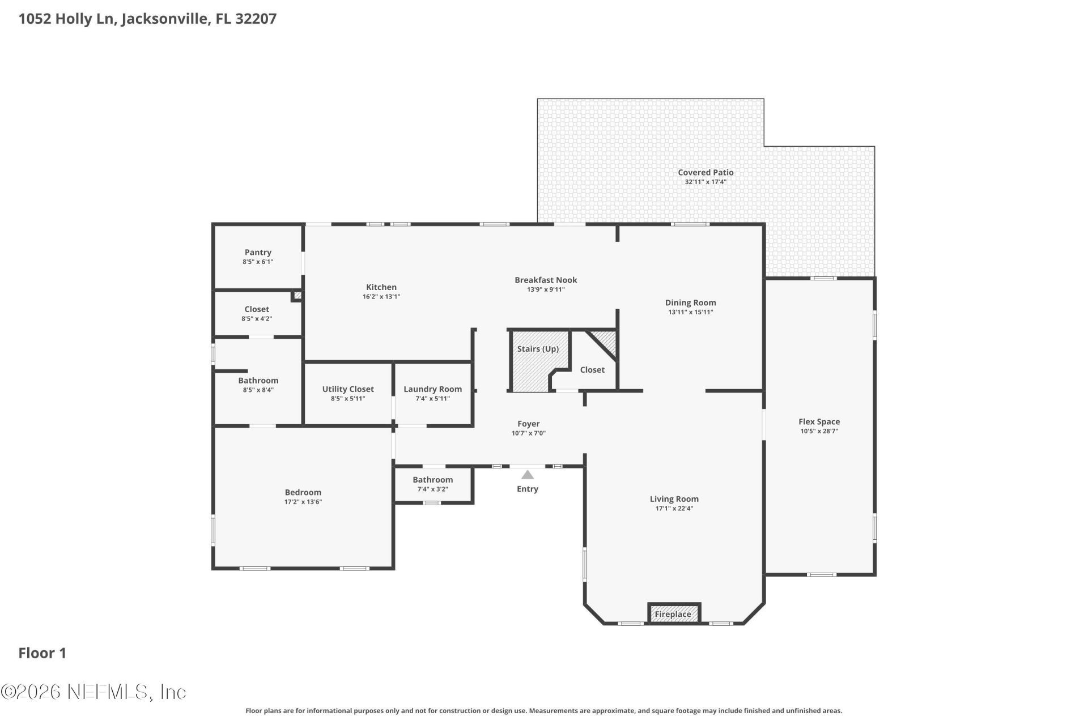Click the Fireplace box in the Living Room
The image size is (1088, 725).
pos(674,613)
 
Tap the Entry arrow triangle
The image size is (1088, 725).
pos(528,475)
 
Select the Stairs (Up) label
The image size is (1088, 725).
pos(538,349)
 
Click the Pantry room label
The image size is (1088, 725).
pos(258,252)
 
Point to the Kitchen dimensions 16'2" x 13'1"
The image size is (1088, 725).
pos(381,297)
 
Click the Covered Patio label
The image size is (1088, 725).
pos(705,172)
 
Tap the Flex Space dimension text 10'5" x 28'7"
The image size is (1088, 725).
pos(819,431)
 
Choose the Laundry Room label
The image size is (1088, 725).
pos(432,389)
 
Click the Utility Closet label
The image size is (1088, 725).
pos(348,389)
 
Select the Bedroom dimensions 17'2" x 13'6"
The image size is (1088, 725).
pos(303,502)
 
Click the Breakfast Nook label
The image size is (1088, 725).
pos(546,280)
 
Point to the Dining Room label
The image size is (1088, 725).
pos(690,302)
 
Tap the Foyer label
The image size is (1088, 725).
pos(528,424)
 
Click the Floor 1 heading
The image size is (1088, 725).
pos(42,653)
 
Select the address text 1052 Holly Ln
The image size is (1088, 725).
pos(68,19)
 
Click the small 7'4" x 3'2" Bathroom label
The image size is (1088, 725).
pos(432,480)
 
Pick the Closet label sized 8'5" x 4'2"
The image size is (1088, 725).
pos(257,309)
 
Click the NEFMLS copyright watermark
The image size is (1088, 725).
pos(93,692)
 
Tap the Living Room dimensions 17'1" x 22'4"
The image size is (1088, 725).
pos(674,509)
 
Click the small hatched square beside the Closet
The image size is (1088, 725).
pos(297,295)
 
